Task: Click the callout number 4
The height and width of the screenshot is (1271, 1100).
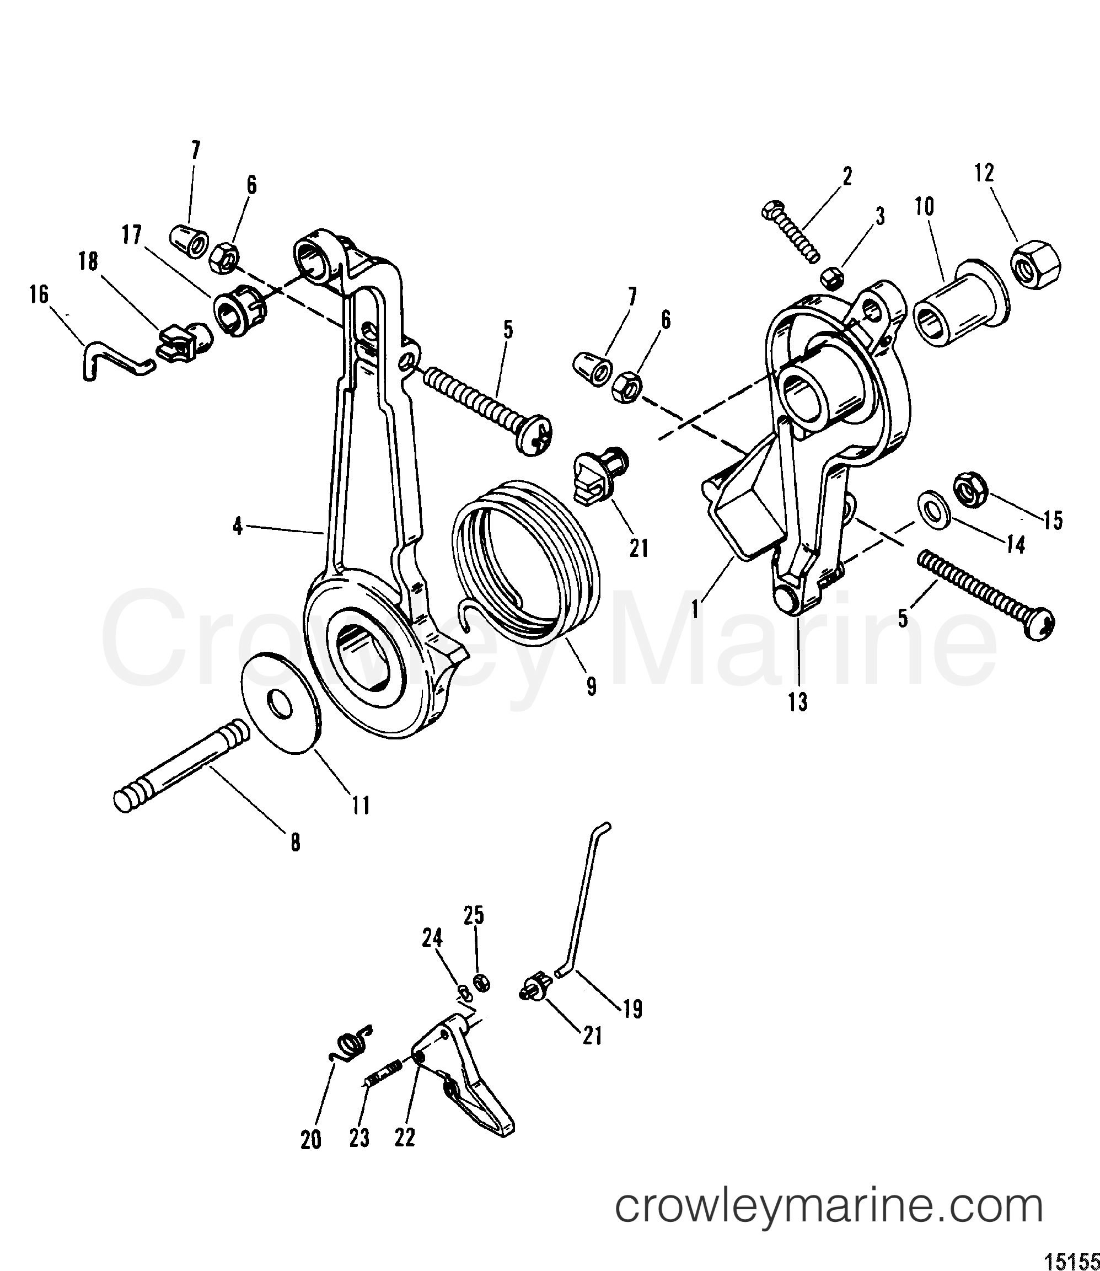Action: [238, 526]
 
